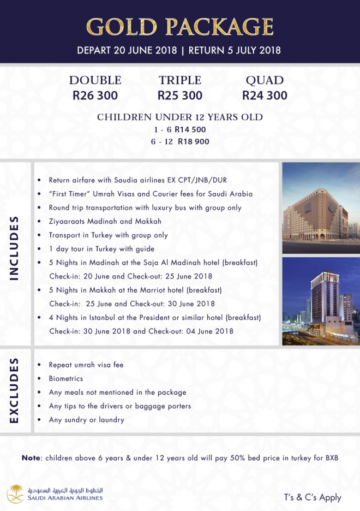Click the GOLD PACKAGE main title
tap(179, 26)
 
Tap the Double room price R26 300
tap(95, 96)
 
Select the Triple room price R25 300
tap(180, 96)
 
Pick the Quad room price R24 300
tap(265, 96)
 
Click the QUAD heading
tap(265, 80)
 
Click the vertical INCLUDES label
tap(15, 248)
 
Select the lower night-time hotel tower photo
tap(321, 301)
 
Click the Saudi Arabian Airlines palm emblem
tap(15, 494)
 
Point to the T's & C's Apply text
tap(313, 497)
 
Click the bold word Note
tap(32, 457)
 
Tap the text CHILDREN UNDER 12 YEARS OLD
tap(180, 117)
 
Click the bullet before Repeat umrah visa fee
tap(39, 365)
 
